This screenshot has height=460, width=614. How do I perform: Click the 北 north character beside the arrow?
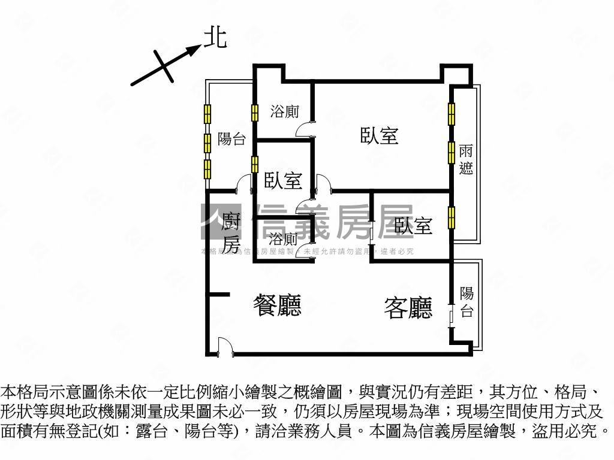(215, 38)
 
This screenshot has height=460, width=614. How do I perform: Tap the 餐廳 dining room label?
(276, 305)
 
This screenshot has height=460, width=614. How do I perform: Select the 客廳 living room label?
(408, 308)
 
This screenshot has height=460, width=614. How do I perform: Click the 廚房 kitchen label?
(231, 232)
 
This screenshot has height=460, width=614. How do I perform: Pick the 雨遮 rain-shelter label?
(466, 159)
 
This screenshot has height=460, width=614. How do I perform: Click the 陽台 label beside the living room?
(467, 302)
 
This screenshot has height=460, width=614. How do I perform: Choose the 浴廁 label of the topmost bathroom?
(284, 111)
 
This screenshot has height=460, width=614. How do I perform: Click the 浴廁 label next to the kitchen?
(283, 239)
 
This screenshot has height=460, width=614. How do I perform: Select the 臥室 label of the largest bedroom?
(379, 135)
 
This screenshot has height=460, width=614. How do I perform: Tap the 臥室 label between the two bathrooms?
(282, 180)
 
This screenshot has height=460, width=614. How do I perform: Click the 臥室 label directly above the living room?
(413, 226)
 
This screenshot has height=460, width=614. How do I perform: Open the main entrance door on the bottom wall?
(224, 347)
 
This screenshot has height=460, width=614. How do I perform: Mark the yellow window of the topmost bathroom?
(254, 113)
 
